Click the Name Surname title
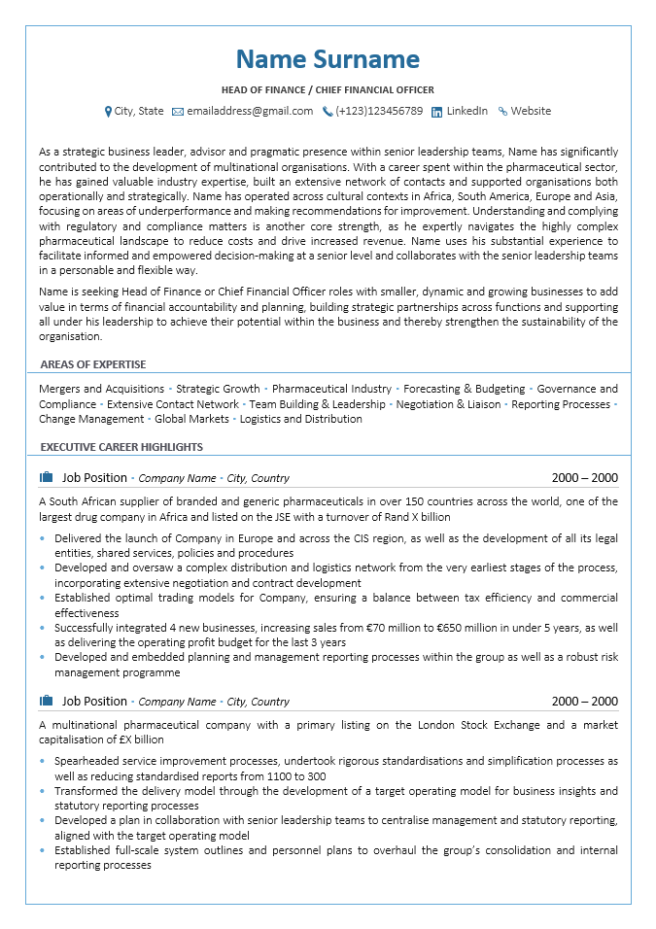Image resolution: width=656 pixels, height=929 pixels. [328, 60]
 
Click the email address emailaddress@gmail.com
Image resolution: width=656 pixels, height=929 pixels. [250, 112]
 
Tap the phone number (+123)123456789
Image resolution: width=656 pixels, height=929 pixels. [379, 112]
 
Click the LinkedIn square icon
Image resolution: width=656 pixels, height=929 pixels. [437, 112]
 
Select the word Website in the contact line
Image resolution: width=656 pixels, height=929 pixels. [531, 112]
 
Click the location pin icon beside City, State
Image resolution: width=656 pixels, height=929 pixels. [108, 112]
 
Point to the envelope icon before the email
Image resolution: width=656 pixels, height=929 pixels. [178, 112]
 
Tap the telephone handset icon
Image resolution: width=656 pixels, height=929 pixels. [328, 112]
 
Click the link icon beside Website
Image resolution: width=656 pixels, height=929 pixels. [502, 112]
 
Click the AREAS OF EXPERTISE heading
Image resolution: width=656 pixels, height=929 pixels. [93, 364]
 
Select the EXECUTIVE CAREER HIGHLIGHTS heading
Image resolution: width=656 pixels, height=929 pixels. [121, 447]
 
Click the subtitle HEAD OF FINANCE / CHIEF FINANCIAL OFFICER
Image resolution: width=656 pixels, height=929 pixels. [328, 89]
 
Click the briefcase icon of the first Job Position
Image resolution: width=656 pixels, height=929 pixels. [46, 477]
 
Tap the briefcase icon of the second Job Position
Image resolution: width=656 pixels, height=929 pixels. [46, 701]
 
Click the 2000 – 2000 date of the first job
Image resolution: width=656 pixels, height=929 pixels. [584, 478]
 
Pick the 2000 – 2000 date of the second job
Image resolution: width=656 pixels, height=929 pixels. [584, 702]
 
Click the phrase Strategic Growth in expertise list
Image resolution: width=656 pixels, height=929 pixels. [218, 389]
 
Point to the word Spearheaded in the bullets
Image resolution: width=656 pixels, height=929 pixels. [86, 761]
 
